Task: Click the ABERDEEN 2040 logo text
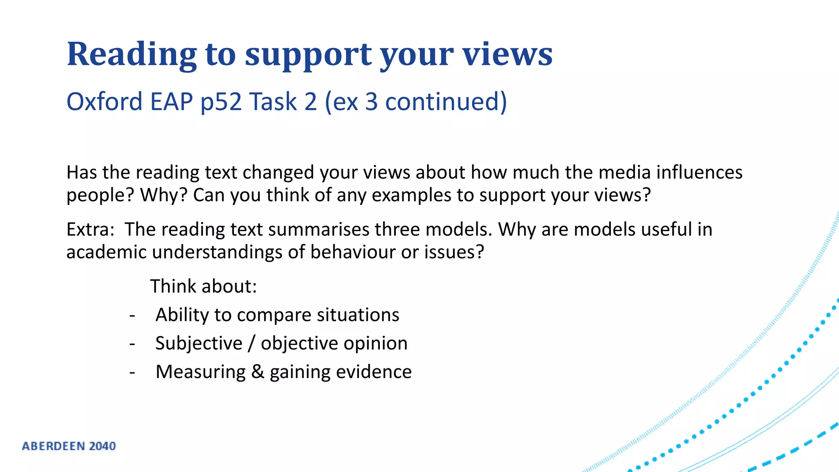pos(69,446)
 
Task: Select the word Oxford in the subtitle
pos(104,102)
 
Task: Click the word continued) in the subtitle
pos(446,102)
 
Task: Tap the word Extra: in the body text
pos(90,229)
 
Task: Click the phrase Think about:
pos(203,286)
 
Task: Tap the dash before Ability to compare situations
pos(132,316)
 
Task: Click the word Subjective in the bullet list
pos(199,343)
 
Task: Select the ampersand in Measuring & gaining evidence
pos(257,372)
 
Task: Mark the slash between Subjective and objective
pos(252,343)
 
